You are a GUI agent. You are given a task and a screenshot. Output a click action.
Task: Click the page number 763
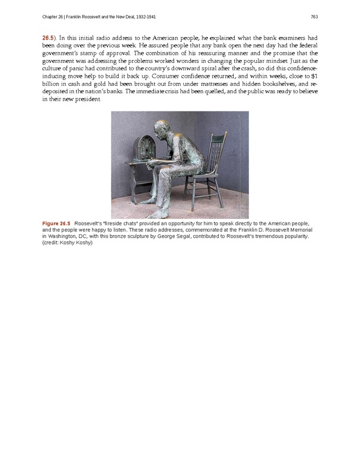314,15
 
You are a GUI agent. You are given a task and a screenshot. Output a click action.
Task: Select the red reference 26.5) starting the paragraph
49,37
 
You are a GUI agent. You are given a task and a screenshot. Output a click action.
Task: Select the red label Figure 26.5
56,222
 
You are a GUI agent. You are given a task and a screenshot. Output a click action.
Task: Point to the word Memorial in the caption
297,229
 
